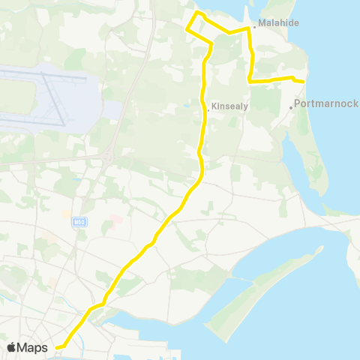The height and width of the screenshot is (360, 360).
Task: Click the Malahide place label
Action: (279, 23)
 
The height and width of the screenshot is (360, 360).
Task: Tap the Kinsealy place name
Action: (229, 106)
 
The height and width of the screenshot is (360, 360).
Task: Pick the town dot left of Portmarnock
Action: (291, 107)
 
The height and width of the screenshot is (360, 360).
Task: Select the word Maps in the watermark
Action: (33, 347)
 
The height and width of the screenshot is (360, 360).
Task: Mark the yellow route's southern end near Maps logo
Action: (60, 346)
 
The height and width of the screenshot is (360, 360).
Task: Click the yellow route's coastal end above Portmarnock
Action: (302, 81)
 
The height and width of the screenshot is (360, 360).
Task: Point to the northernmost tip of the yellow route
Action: (197, 13)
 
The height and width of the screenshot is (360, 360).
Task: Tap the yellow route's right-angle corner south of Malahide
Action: (249, 80)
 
